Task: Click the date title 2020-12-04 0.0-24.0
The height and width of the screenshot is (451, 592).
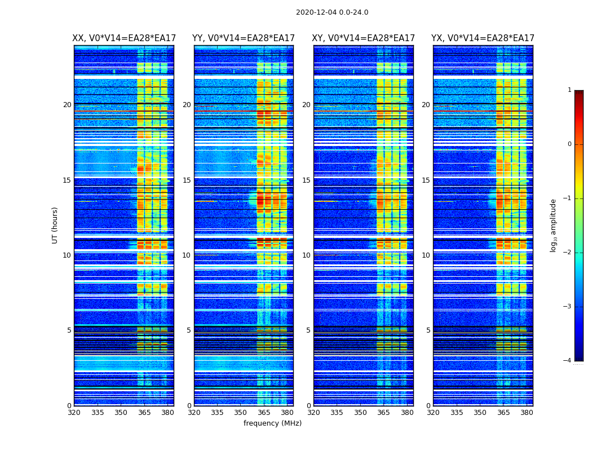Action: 332,12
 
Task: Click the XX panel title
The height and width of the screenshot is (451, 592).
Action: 124,38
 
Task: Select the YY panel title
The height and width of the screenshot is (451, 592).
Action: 244,38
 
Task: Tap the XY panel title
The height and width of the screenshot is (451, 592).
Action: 363,38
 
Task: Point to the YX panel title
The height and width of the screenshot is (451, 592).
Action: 483,38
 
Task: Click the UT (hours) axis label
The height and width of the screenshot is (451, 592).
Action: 55,225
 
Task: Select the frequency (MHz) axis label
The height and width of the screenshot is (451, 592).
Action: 272,423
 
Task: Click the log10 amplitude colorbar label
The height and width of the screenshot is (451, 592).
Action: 553,225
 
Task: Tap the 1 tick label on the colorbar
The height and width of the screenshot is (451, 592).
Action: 569,90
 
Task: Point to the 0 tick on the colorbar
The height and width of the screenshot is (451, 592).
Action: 569,144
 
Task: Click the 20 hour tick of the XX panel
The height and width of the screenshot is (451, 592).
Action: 67,105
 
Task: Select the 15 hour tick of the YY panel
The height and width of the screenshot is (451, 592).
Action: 187,180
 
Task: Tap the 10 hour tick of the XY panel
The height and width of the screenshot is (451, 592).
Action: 306,255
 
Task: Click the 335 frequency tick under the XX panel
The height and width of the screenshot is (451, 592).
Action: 98,413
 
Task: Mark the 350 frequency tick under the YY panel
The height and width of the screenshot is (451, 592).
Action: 241,413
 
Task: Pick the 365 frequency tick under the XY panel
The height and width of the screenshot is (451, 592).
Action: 383,413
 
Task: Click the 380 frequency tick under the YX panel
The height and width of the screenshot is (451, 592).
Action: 527,413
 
